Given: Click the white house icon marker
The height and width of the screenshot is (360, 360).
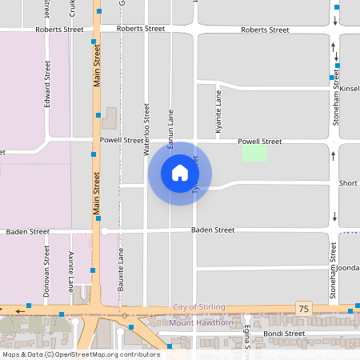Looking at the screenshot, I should click(x=179, y=173).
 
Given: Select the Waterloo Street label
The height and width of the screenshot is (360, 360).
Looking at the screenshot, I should click(x=146, y=128).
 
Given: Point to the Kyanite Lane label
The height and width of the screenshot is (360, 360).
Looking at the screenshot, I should click(x=218, y=112).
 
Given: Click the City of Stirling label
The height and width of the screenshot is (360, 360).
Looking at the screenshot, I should click(x=199, y=307).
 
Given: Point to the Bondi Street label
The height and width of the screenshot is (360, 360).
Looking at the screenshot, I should click(x=284, y=333).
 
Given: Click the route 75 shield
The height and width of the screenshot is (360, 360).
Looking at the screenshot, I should click(x=302, y=308).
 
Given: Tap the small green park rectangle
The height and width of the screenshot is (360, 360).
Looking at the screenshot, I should click(x=254, y=153).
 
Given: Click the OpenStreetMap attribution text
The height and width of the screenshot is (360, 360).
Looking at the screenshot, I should click(x=81, y=354).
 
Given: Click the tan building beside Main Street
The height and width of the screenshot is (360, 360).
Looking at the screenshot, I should click(x=109, y=118).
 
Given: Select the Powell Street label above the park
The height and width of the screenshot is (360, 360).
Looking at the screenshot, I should click(x=260, y=142).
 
